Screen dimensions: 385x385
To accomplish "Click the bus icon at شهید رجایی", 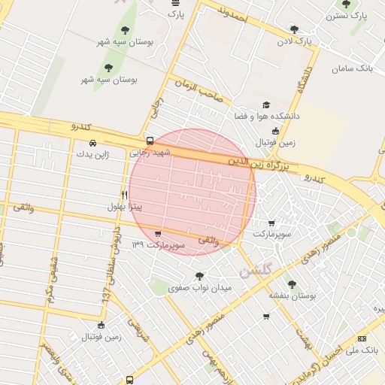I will [150, 141].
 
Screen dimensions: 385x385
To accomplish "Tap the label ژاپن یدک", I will [92, 154].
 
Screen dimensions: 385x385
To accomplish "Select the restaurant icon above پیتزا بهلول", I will [125, 194].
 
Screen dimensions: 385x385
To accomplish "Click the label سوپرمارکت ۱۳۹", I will [156, 245].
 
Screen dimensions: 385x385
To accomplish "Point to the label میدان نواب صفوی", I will [199, 287].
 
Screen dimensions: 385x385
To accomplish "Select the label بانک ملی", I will [362, 350].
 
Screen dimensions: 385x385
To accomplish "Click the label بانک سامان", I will [352, 68].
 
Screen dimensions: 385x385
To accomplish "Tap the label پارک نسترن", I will [350, 15].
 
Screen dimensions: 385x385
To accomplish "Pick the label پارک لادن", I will [293, 41].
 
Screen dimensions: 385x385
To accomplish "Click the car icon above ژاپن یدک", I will [92, 143].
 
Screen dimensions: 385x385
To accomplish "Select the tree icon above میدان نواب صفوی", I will [199, 275].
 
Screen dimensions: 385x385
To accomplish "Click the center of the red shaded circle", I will [192, 192].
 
